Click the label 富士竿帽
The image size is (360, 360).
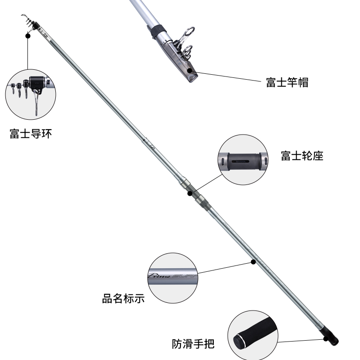pos(287,82)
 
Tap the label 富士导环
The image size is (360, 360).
pos(30,134)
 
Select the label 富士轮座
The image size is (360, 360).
pos(302,156)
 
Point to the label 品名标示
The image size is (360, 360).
pos(123,298)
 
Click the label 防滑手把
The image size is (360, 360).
pos(193,344)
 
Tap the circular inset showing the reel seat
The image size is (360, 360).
pos(243,160)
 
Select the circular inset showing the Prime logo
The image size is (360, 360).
pos(173,277)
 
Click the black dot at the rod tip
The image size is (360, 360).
pos(28,35)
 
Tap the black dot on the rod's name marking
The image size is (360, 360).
pos(253,261)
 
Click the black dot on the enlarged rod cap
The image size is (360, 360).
pos(194,71)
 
